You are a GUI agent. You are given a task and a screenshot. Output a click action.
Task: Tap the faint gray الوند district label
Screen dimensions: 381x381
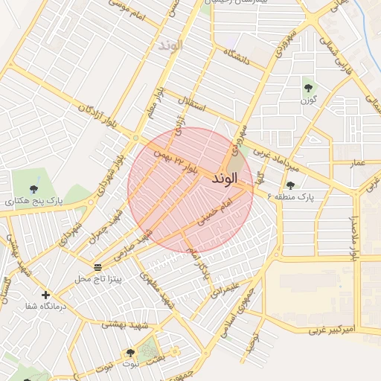coord(170,45)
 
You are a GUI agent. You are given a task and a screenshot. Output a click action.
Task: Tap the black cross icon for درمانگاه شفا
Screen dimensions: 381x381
coord(46,295)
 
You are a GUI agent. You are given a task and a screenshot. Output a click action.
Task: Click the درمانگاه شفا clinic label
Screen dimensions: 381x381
coord(46,306)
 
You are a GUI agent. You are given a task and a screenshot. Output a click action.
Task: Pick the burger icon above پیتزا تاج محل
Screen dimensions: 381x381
coord(98,266)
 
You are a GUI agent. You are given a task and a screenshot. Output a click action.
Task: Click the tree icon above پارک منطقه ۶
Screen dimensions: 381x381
coord(290,186)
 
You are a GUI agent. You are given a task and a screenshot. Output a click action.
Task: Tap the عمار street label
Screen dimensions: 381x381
coord(358,162)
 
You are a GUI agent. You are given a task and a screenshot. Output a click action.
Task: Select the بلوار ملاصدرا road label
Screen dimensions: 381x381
coord(355,237)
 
